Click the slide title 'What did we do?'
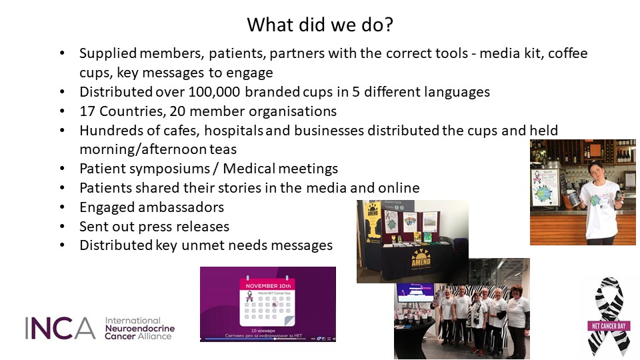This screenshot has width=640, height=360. click(x=319, y=25)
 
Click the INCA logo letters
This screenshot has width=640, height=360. click(x=60, y=327)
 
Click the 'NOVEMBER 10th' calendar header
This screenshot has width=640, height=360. click(x=267, y=285)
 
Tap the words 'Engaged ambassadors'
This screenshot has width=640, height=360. click(x=151, y=207)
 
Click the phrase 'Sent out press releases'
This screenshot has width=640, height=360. click(x=154, y=226)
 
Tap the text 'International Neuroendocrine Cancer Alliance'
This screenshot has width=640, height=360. click(x=139, y=328)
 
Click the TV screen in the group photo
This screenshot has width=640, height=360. click(x=415, y=292)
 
